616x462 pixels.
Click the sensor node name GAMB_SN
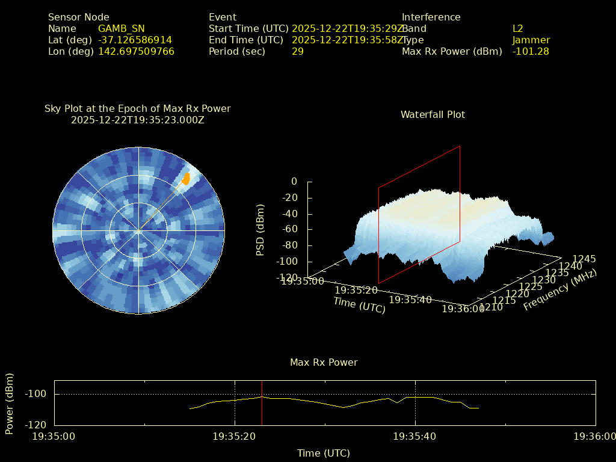[x=121, y=29]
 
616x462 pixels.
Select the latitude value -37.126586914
[x=135, y=40]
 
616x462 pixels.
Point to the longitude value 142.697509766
[x=136, y=52]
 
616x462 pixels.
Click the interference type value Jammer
[x=531, y=40]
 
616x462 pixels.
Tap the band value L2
[x=518, y=29]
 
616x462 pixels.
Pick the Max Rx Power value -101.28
[x=531, y=52]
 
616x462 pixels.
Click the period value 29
[x=298, y=52]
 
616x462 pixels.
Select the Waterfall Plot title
[x=433, y=114]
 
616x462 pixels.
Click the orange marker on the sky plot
[x=186, y=179]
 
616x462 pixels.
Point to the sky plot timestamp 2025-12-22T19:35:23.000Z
[x=137, y=120]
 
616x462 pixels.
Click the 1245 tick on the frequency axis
[x=584, y=259]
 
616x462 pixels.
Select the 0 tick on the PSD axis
[x=294, y=182]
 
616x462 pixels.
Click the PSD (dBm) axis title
[x=260, y=230]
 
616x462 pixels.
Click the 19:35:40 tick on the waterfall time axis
[x=410, y=300]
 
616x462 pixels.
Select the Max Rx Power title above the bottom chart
[x=324, y=363]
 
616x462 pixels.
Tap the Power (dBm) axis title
[x=10, y=403]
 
